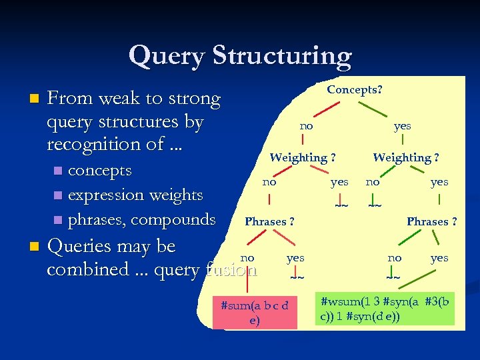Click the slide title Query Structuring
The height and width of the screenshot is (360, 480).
(240, 56)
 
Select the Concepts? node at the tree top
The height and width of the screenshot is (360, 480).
(354, 89)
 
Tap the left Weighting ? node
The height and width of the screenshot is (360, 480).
(302, 158)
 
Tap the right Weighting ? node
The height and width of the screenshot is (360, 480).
(405, 158)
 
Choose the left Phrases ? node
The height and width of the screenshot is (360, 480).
(270, 221)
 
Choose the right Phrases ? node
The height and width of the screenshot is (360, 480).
(431, 221)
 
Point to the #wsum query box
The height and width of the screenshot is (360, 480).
(385, 307)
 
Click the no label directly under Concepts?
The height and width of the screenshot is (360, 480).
(306, 125)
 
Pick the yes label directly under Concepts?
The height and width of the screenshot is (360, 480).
(402, 125)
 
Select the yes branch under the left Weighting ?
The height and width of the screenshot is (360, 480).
(339, 181)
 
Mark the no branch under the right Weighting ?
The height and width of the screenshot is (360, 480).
(373, 181)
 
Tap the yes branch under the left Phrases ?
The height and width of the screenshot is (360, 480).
(295, 258)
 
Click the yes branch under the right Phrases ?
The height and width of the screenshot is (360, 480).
(439, 258)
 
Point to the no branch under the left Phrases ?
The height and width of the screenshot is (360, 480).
(247, 258)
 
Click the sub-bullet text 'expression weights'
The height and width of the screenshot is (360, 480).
(135, 195)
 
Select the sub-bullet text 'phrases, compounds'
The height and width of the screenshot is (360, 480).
(141, 219)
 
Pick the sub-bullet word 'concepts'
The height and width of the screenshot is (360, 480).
(100, 170)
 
